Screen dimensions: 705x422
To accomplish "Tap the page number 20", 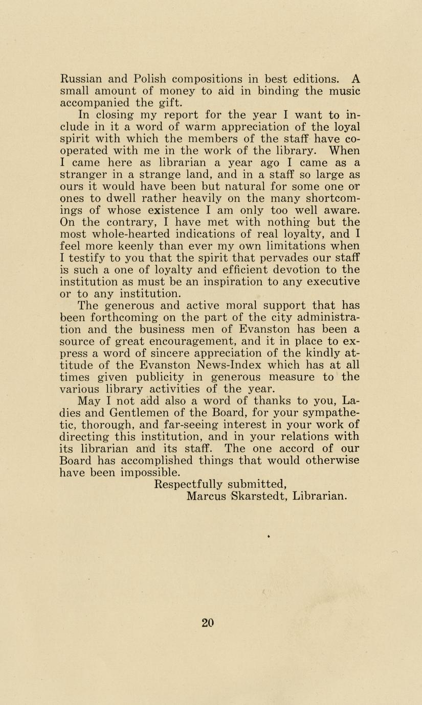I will tap(207, 622).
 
